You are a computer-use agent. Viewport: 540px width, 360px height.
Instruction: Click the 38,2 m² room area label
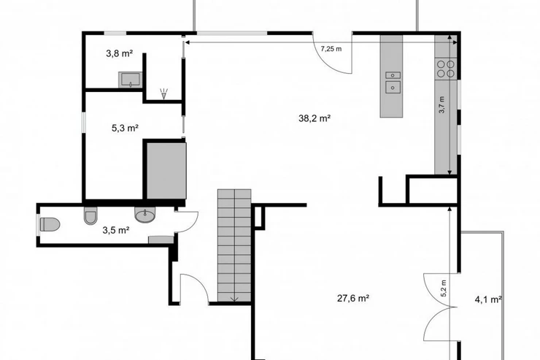click(315, 118)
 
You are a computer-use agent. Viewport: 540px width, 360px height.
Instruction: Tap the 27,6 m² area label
click(353, 298)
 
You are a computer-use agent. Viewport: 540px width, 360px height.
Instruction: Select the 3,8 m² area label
click(120, 53)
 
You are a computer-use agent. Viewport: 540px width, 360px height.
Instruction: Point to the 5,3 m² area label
click(125, 128)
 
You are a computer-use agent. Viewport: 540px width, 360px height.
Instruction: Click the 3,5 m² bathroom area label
click(116, 230)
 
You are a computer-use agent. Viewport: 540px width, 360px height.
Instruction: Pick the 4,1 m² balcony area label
click(488, 299)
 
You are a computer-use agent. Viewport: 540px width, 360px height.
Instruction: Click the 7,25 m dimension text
click(331, 49)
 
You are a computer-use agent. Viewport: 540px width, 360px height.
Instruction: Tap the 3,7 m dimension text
click(442, 104)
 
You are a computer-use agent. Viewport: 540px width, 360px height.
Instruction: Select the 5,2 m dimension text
click(444, 288)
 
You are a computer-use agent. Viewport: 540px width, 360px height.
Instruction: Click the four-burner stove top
click(446, 69)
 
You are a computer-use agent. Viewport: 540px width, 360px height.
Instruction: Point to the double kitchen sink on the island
click(393, 83)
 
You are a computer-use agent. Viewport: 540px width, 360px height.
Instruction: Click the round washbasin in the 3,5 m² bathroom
click(145, 215)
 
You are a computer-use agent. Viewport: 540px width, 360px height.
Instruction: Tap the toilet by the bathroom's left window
click(50, 224)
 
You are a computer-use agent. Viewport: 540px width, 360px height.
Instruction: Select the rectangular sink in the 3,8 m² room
click(130, 80)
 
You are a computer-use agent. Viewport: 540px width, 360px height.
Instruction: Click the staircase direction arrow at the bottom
click(234, 298)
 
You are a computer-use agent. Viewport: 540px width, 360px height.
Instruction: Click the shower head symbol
click(164, 93)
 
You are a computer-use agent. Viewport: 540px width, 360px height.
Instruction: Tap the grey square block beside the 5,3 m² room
click(166, 171)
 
